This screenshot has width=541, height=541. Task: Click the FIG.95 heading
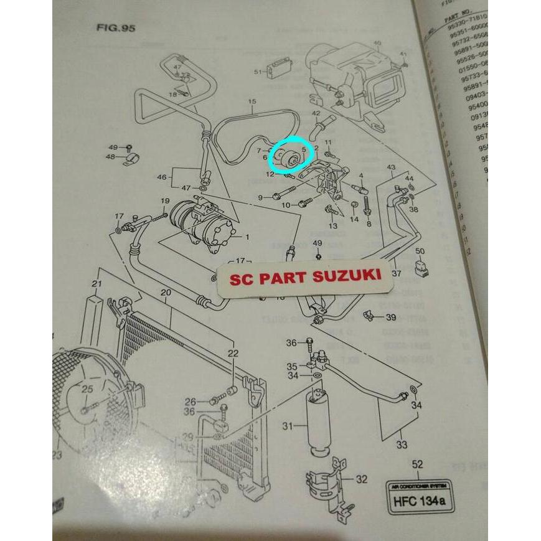[x=116, y=28]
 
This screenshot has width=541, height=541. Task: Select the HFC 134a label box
[x=416, y=497]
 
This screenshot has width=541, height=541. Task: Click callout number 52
[x=418, y=464]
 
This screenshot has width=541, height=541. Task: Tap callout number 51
[x=258, y=72]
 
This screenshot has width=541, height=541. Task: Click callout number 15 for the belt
[x=252, y=101]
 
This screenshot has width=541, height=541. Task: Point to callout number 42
[x=316, y=113]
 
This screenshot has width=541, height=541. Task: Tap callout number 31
[x=287, y=426]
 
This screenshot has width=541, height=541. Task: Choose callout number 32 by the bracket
[x=361, y=479]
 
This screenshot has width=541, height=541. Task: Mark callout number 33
[x=401, y=445]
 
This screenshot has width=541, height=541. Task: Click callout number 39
[x=391, y=318]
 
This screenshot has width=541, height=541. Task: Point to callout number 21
[x=96, y=285]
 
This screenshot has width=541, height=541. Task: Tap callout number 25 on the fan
[x=87, y=390]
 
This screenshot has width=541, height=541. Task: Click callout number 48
[x=110, y=157]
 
